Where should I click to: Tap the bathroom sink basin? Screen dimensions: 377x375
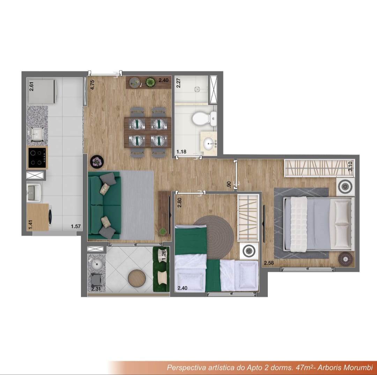[208, 144]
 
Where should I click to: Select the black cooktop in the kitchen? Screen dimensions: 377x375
[37, 158]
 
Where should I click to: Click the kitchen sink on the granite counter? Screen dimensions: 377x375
[37, 134]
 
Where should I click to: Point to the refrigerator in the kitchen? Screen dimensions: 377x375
[43, 91]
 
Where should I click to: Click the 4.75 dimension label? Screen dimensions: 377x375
[92, 85]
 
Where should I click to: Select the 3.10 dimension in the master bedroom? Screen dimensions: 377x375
[350, 166]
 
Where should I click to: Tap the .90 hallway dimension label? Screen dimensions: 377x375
[229, 184]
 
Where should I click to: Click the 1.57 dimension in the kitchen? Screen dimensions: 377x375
[76, 226]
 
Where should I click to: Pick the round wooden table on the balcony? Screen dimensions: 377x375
[136, 278]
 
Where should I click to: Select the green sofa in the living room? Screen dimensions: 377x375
[104, 205]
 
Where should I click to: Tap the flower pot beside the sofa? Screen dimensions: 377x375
[97, 162]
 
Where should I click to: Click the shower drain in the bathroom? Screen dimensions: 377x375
[197, 89]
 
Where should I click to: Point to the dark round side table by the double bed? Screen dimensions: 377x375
[346, 259]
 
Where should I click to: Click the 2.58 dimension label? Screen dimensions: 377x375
[269, 263]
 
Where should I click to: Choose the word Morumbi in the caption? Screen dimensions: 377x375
[358, 367]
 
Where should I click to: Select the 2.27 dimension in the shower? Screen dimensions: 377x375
[178, 83]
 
